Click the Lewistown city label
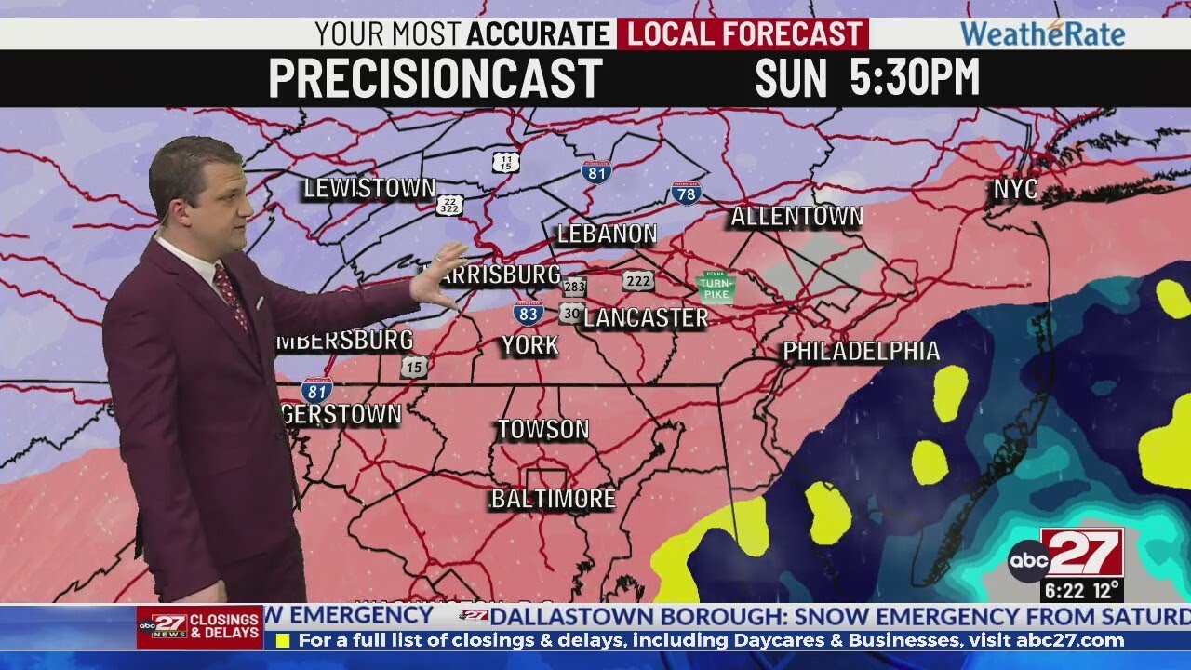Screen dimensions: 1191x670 pos(369,188)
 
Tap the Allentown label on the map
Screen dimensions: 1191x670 pos(796,217)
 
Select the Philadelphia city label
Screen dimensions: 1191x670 pos(861,351)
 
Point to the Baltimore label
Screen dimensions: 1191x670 pos(553,499)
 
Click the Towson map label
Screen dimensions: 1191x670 pos(542,429)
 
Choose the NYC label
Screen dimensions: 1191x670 pos(1015,190)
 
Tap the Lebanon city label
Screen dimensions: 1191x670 pos(607,234)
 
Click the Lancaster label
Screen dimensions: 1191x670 pos(647,317)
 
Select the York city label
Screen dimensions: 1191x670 pos(530,345)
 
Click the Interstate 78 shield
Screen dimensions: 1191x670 pos(685,193)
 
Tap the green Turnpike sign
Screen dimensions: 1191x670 pos(716,286)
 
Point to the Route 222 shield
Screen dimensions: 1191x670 pos(638,281)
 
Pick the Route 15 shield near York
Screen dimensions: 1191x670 pos(415,367)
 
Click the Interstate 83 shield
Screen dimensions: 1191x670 pos(529,313)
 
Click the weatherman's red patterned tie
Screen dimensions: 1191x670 pos(231,296)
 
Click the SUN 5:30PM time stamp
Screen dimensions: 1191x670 pos(866,78)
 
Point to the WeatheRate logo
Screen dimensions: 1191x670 pos(1042,34)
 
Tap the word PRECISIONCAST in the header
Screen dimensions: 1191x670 pos(435,78)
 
